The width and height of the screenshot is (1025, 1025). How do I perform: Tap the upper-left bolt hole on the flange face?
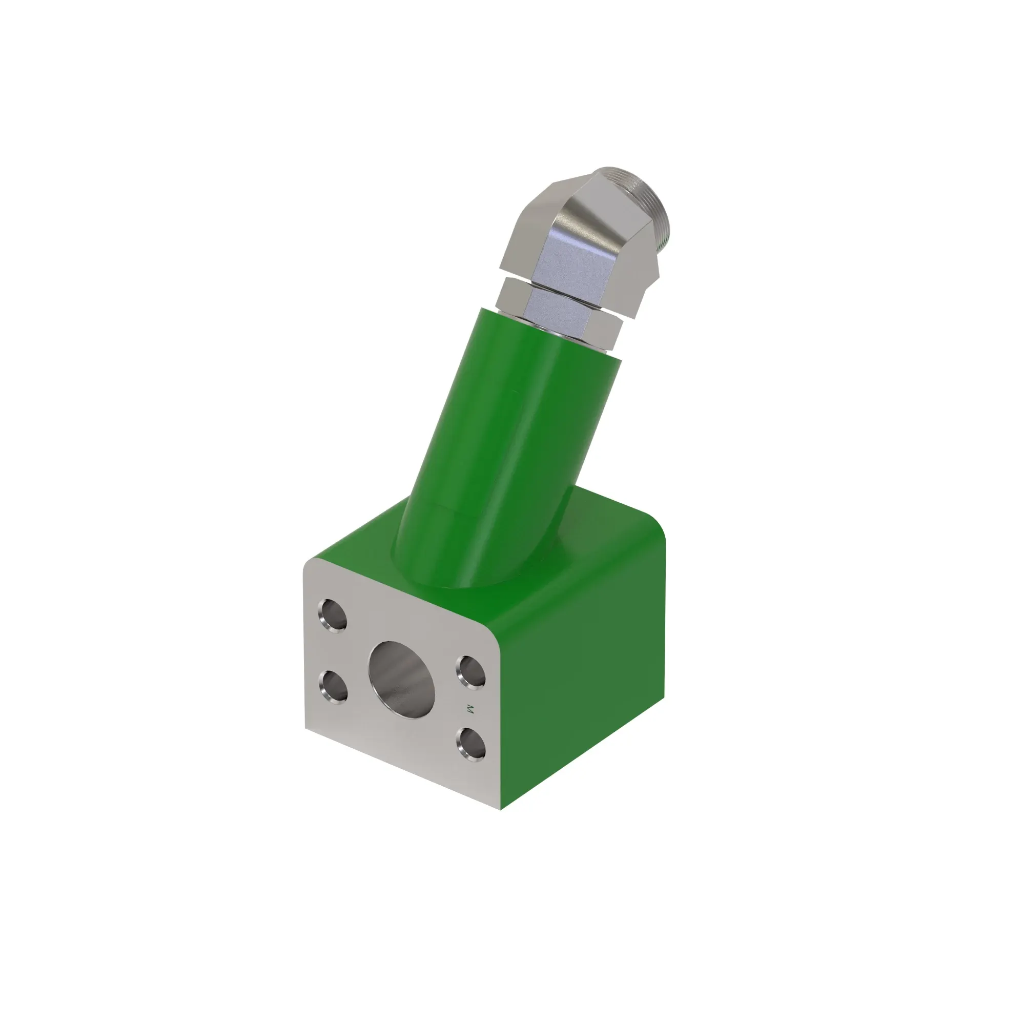tap(334, 616)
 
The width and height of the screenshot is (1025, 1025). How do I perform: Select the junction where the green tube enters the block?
tap(451, 584)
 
